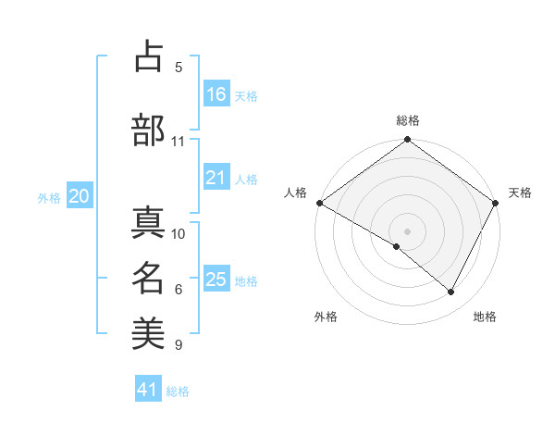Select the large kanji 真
click(x=148, y=222)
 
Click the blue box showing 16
click(x=216, y=93)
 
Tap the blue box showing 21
click(x=216, y=178)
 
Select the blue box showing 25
click(x=216, y=280)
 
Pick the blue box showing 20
click(x=80, y=196)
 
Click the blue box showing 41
click(x=148, y=390)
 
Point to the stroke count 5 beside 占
click(x=179, y=68)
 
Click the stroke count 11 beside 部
click(x=179, y=142)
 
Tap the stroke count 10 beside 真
click(x=179, y=234)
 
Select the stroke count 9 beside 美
click(x=179, y=345)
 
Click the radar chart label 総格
click(x=407, y=120)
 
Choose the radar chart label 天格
click(x=520, y=193)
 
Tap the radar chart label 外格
click(x=326, y=317)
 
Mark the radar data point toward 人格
click(x=319, y=203)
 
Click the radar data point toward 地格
click(x=451, y=292)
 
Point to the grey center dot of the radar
click(x=407, y=230)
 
